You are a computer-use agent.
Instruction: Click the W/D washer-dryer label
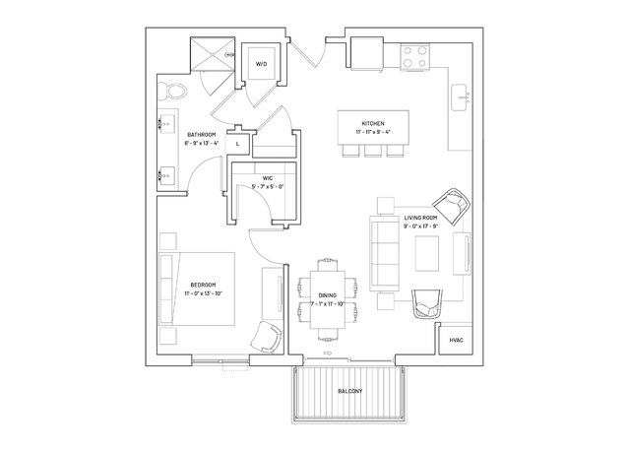(x=261, y=64)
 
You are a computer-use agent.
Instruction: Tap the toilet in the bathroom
(x=172, y=92)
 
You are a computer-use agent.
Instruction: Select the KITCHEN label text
(x=373, y=124)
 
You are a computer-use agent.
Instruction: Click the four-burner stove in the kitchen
(x=415, y=56)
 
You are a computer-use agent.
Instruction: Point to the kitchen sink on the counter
(x=460, y=97)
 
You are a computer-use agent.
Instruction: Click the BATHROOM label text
(x=202, y=135)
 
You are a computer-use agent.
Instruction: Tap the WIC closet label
(x=268, y=178)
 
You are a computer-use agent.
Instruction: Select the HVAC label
(x=456, y=341)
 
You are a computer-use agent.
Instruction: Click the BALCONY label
(x=350, y=391)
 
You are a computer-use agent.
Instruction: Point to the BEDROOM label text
(x=203, y=285)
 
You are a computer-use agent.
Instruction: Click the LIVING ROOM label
(x=420, y=218)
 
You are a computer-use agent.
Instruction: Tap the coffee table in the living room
(x=427, y=254)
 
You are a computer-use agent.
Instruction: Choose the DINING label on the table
(x=328, y=295)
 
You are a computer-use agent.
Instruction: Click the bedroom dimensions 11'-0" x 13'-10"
(x=203, y=293)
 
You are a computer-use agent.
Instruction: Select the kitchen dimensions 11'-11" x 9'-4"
(x=373, y=132)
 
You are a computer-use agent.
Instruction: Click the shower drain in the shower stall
(x=213, y=54)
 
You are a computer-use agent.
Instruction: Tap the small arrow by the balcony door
(x=328, y=354)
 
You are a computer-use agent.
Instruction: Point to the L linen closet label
(x=237, y=144)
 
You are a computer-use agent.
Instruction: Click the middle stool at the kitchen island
(x=373, y=151)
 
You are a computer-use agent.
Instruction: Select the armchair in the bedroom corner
(x=266, y=336)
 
